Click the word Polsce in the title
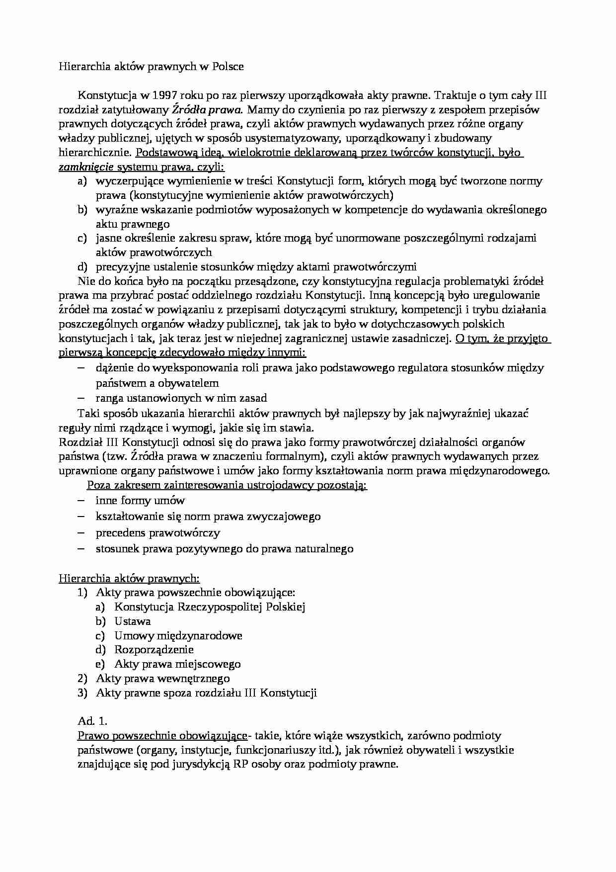click(228, 67)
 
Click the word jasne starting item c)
click(108, 239)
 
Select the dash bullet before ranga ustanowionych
click(82, 398)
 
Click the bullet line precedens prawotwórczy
click(157, 533)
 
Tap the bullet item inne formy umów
click(140, 501)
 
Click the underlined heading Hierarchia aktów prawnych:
click(129, 578)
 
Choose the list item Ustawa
click(133, 621)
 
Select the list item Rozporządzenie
click(154, 650)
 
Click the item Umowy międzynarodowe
click(178, 636)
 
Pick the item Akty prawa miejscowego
click(177, 664)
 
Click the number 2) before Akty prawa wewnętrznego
click(82, 679)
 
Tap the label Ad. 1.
click(92, 721)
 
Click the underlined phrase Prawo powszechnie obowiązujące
click(162, 736)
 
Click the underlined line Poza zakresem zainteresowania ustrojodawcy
click(227, 485)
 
